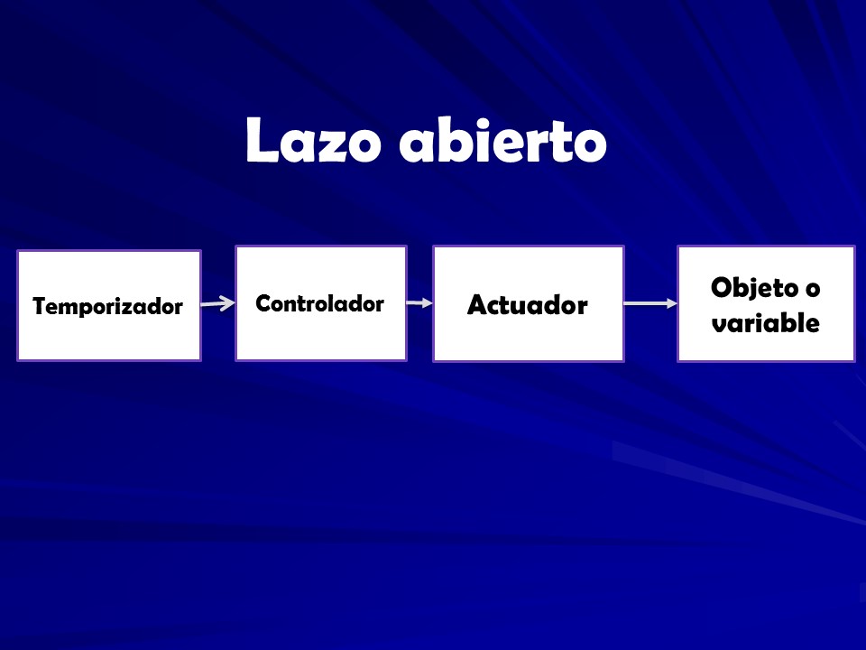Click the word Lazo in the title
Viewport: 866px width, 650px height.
click(x=314, y=140)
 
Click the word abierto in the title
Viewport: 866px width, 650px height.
click(x=503, y=140)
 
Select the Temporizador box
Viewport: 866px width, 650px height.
click(x=109, y=306)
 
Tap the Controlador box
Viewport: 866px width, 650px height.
click(x=321, y=303)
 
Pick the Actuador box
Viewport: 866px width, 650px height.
click(x=529, y=304)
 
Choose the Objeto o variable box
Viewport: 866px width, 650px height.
click(x=766, y=304)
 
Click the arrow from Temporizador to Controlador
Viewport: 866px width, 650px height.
click(x=218, y=303)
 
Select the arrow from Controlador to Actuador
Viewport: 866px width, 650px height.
click(x=419, y=303)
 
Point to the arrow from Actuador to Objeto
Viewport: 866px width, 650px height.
click(x=650, y=303)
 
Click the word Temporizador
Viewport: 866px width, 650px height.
click(x=107, y=307)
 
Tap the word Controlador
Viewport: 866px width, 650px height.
click(x=319, y=303)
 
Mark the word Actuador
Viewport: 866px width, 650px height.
click(x=528, y=305)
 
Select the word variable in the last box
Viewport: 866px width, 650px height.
click(x=766, y=323)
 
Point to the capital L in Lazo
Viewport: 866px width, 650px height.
click(x=262, y=140)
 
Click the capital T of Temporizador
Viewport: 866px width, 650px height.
click(x=40, y=306)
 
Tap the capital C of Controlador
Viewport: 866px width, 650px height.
click(x=264, y=303)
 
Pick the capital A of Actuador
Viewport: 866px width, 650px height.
click(x=477, y=305)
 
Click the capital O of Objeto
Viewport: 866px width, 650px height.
click(x=722, y=287)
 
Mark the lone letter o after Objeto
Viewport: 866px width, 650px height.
click(x=813, y=290)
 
